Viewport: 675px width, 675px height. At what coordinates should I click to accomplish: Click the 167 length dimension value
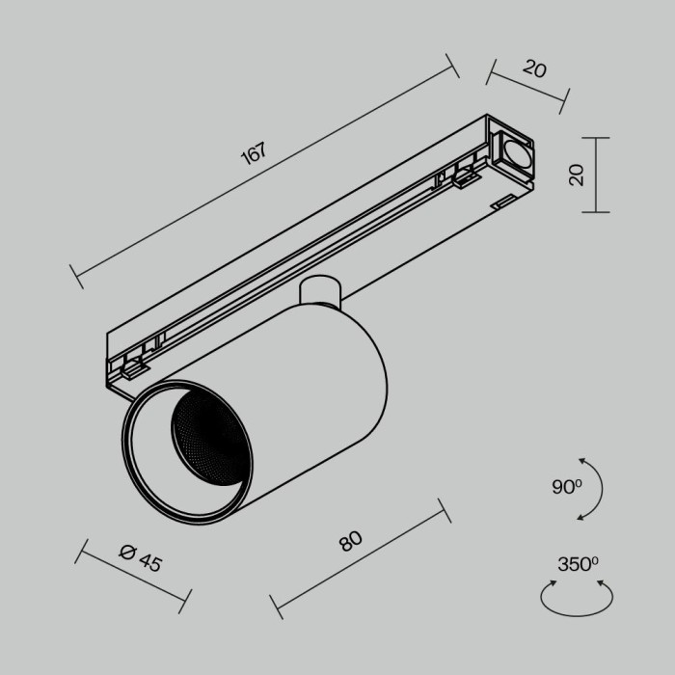(x=253, y=157)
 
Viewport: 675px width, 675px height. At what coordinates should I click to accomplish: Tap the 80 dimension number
(x=350, y=541)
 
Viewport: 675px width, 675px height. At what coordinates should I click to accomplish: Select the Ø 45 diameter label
(x=141, y=557)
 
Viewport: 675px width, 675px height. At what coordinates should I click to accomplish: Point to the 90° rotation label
(x=567, y=487)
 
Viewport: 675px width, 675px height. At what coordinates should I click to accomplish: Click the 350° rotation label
(x=578, y=564)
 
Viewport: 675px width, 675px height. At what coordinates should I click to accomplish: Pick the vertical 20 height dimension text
(x=577, y=175)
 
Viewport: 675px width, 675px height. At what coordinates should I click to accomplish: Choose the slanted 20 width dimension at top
(x=534, y=69)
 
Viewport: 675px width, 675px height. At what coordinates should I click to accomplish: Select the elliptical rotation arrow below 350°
(x=577, y=602)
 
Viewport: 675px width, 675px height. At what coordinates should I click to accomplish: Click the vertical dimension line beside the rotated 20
(x=597, y=175)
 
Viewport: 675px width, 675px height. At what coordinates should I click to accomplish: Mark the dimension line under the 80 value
(x=359, y=556)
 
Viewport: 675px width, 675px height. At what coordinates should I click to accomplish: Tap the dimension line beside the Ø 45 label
(x=130, y=577)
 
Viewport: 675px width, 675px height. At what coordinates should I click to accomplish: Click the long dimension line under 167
(x=265, y=173)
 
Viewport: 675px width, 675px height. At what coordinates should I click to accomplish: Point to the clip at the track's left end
(x=129, y=364)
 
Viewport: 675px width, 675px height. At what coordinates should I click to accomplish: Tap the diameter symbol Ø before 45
(x=126, y=551)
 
